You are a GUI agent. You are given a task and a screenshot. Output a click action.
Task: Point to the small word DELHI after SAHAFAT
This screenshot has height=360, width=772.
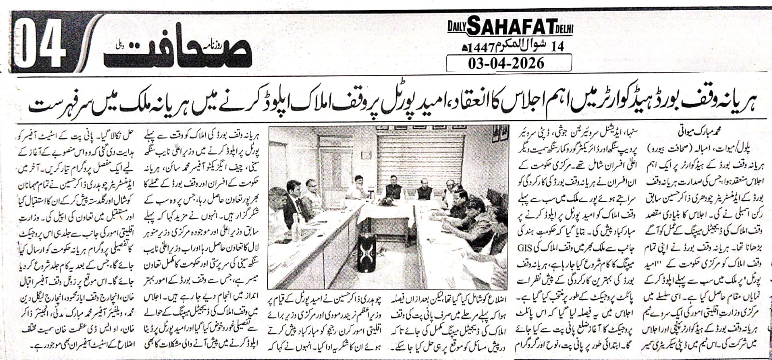(x=563, y=29)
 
